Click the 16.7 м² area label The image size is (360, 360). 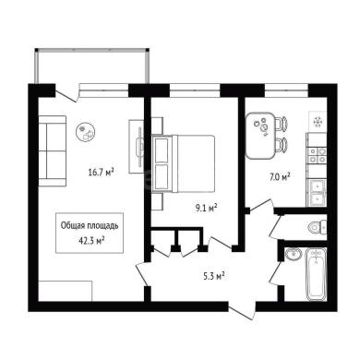pyautogui.click(x=102, y=172)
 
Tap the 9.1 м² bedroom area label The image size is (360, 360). pyautogui.click(x=207, y=209)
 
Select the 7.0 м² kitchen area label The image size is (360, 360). pyautogui.click(x=280, y=177)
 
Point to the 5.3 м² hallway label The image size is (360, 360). pyautogui.click(x=214, y=276)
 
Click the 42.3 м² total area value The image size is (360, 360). pyautogui.click(x=91, y=240)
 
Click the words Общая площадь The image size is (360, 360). pyautogui.click(x=90, y=225)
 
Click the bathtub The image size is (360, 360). pyautogui.click(x=316, y=274)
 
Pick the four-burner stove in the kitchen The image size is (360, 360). pyautogui.click(x=317, y=155)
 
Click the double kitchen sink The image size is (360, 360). pyautogui.click(x=317, y=192)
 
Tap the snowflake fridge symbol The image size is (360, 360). pyautogui.click(x=318, y=123)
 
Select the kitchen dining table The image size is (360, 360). pyautogui.click(x=260, y=136)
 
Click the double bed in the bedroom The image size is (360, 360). pyautogui.click(x=183, y=163)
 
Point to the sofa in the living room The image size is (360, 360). pyautogui.click(x=53, y=150)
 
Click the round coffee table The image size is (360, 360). pyautogui.click(x=86, y=132)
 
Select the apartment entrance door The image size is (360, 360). pyautogui.click(x=242, y=311)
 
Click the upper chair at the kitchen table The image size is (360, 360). pyautogui.click(x=282, y=123)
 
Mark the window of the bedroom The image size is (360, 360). pyautogui.click(x=195, y=89)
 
